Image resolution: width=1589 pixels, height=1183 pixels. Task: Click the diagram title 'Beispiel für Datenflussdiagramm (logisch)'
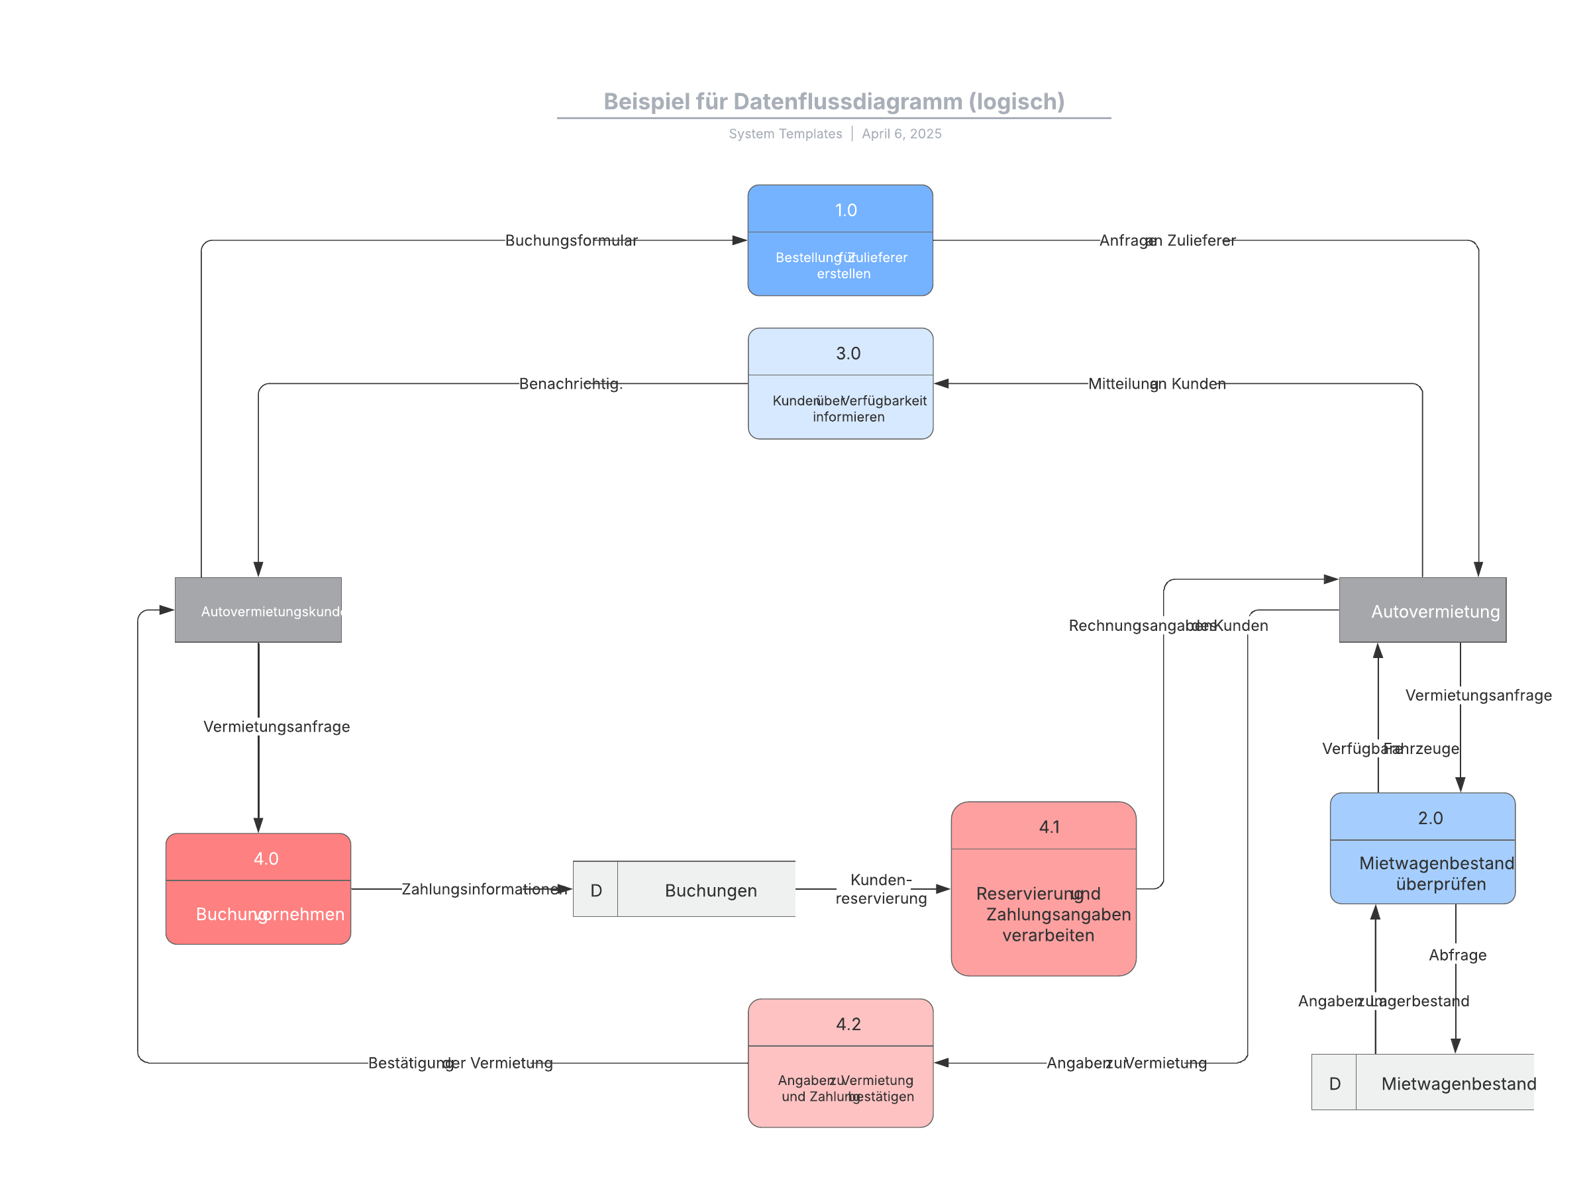[x=833, y=102]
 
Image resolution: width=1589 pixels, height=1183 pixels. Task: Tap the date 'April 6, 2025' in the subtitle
[x=901, y=134]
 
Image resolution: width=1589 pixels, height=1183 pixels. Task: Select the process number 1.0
[x=845, y=210]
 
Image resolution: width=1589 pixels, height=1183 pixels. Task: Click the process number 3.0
[x=848, y=353]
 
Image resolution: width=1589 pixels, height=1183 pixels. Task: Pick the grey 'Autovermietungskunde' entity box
[x=258, y=610]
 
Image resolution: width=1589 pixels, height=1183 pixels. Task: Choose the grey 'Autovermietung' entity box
[x=1422, y=610]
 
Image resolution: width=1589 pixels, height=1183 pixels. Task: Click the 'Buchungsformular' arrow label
[x=571, y=240]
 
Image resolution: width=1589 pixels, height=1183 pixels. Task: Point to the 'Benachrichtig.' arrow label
[x=571, y=384]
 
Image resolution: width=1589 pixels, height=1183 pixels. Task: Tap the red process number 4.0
[x=266, y=858]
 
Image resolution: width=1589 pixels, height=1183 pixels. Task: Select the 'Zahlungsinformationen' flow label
[x=484, y=888]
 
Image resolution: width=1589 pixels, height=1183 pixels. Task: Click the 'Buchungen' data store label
[x=711, y=890]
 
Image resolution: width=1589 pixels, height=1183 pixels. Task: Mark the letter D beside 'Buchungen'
[x=595, y=890]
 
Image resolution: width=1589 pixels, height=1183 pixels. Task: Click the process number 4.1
[x=1049, y=826]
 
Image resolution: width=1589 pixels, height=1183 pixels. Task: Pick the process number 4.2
[x=848, y=1023]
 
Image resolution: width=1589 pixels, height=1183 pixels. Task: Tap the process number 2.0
[x=1430, y=818]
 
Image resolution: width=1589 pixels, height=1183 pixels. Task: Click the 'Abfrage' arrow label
[x=1457, y=955]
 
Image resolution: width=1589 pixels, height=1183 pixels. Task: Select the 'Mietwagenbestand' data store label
[x=1458, y=1084]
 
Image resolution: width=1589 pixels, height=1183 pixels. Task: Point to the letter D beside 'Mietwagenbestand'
[x=1334, y=1084]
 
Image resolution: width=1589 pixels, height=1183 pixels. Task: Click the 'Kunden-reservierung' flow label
[x=880, y=888]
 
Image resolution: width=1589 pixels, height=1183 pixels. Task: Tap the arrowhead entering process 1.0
[x=739, y=240]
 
